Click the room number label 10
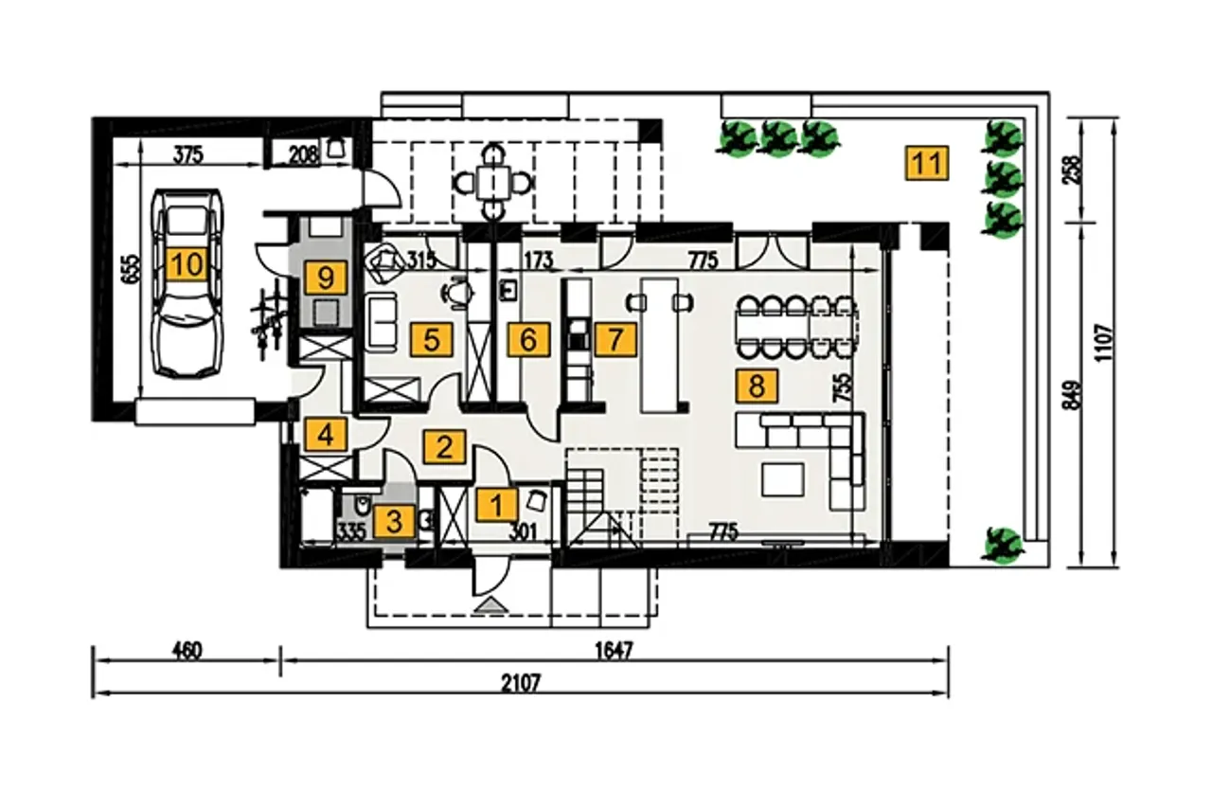[x=187, y=264]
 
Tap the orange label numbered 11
[x=927, y=163]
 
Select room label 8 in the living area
[x=757, y=387]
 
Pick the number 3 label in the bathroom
[x=394, y=522]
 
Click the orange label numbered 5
[x=431, y=340]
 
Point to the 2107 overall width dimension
[x=521, y=683]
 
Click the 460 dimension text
[x=187, y=650]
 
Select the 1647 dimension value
[x=614, y=650]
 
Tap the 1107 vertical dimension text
[x=1104, y=342]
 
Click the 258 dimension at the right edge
[x=1072, y=170]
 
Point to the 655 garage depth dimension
[x=131, y=268]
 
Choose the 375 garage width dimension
[x=188, y=155]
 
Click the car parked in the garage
[x=187, y=282]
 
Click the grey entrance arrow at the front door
[x=491, y=605]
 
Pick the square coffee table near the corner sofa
[x=782, y=479]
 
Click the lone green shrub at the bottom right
[x=1003, y=546]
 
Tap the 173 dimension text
[x=538, y=261]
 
